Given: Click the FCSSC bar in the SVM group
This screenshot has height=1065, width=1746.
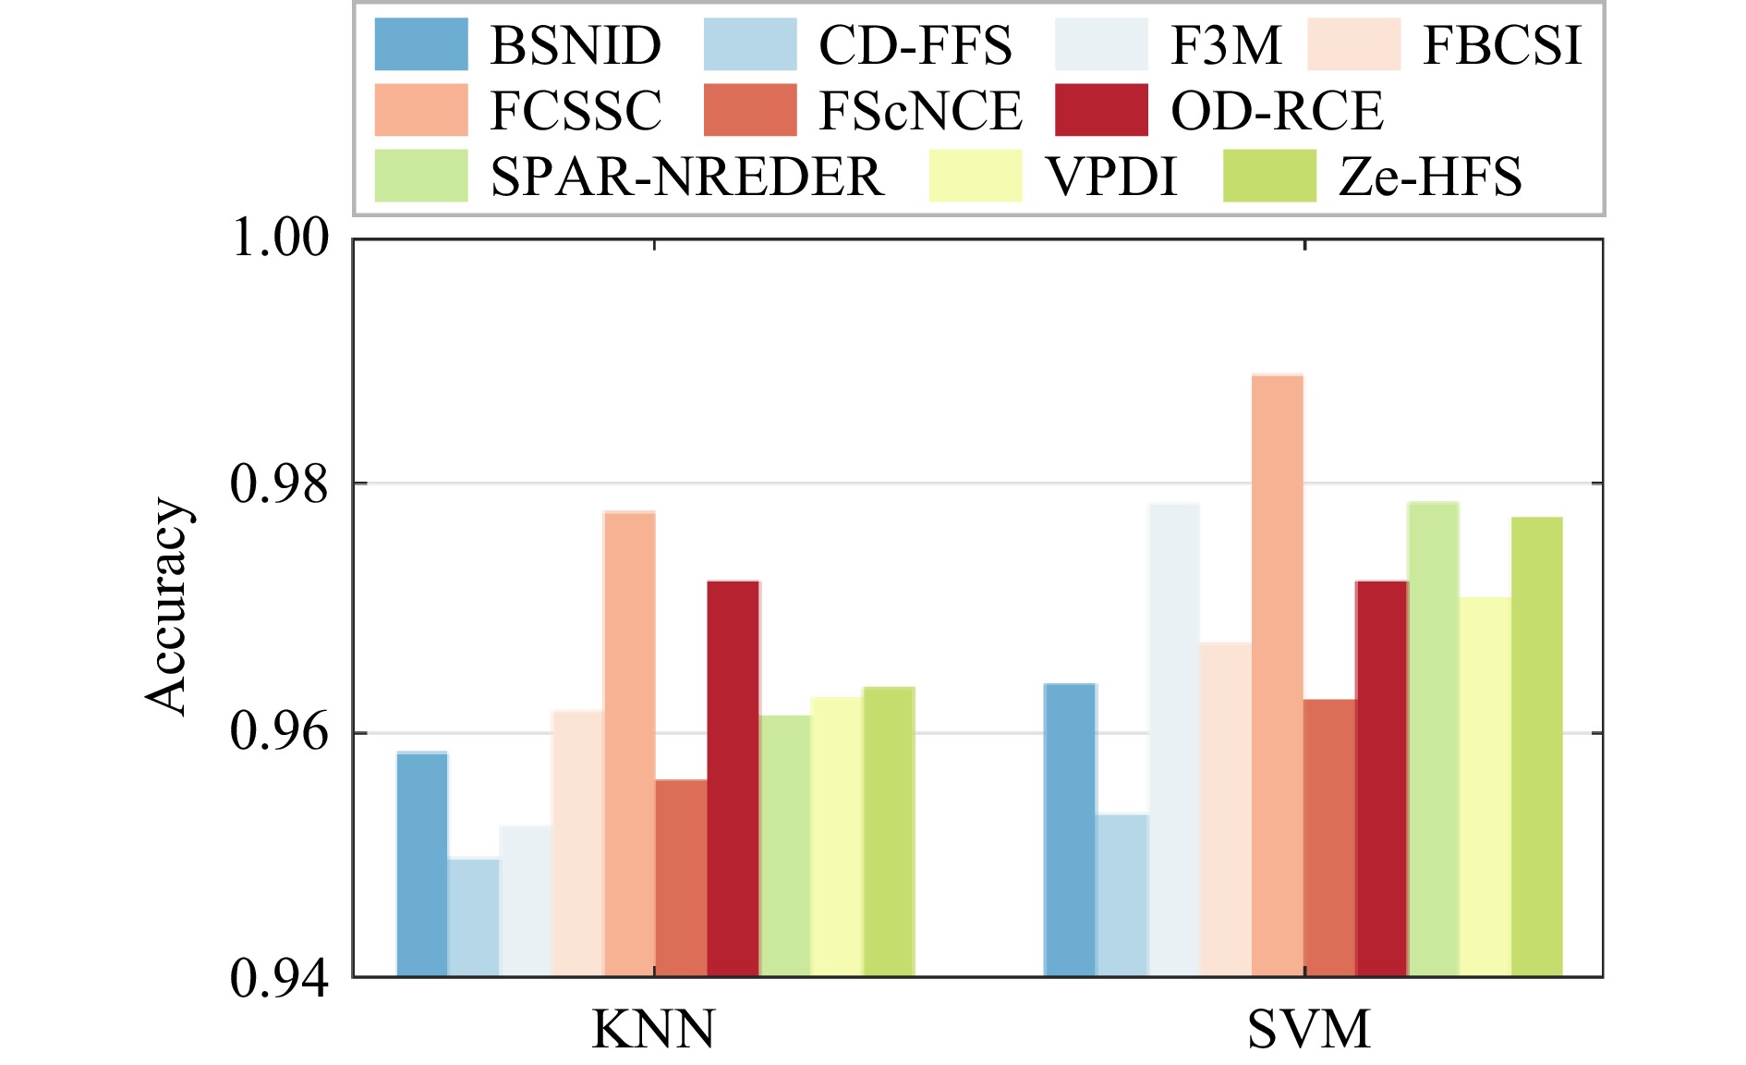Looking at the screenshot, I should pyautogui.click(x=1278, y=675).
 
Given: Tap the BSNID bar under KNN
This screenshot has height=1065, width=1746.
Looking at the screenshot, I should pyautogui.click(x=422, y=864).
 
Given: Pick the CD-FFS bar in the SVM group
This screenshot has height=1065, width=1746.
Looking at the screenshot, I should pyautogui.click(x=1122, y=895).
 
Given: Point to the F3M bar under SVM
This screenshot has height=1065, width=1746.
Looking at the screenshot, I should pyautogui.click(x=1174, y=740).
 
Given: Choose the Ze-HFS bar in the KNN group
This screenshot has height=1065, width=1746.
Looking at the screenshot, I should pyautogui.click(x=889, y=831).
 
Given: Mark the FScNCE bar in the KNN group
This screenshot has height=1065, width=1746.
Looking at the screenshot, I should pyautogui.click(x=681, y=877).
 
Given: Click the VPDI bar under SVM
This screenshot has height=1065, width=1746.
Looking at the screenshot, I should pyautogui.click(x=1485, y=787).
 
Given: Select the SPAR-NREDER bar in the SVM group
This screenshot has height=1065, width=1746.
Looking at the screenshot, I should pyautogui.click(x=1433, y=739).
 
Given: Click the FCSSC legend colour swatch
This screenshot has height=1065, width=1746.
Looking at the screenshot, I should pyautogui.click(x=421, y=110).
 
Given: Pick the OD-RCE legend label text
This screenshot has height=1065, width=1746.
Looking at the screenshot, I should pyautogui.click(x=1277, y=111).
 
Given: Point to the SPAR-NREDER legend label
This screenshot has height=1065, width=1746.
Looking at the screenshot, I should pyautogui.click(x=687, y=176).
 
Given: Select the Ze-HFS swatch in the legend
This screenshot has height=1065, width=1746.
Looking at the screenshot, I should pyautogui.click(x=1269, y=176).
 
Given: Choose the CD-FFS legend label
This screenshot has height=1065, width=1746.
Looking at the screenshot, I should pyautogui.click(x=915, y=44).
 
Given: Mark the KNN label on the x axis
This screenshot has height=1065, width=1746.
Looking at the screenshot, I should pyautogui.click(x=653, y=1029).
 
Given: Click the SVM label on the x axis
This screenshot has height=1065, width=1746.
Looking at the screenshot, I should pyautogui.click(x=1309, y=1029).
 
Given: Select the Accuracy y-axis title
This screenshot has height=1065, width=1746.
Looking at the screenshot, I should pyautogui.click(x=168, y=606).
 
